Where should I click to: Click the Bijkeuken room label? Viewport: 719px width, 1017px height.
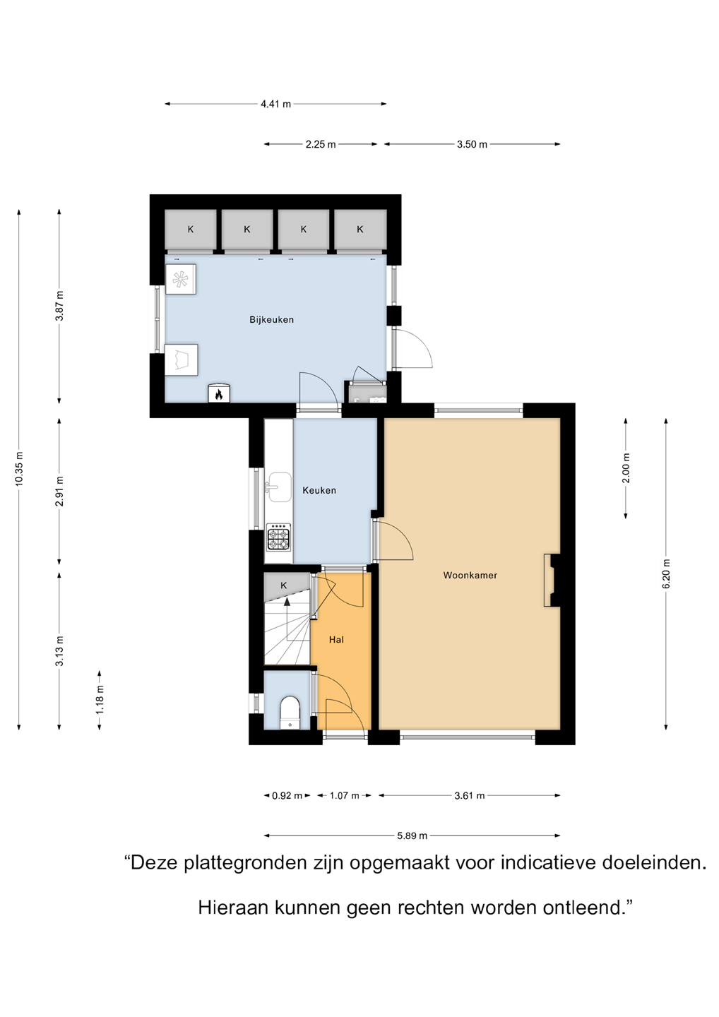click(271, 320)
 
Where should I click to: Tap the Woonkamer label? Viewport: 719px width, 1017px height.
click(470, 575)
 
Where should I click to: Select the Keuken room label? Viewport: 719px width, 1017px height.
click(319, 490)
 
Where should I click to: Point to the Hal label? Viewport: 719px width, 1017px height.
click(336, 640)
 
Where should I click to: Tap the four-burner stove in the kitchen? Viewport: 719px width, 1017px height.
click(279, 537)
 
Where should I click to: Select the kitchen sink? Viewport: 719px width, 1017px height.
click(280, 487)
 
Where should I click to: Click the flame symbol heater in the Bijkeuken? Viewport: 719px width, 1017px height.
click(219, 393)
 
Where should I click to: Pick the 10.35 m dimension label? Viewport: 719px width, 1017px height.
click(19, 469)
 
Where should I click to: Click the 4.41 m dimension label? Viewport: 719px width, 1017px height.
click(275, 104)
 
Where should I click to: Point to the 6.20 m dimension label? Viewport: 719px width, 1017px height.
click(666, 574)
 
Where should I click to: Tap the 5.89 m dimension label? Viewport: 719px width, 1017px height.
click(412, 835)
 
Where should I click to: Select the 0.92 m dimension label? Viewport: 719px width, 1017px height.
click(287, 795)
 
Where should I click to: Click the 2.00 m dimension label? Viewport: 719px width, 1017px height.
click(626, 468)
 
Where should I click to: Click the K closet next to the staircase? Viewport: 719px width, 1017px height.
click(284, 585)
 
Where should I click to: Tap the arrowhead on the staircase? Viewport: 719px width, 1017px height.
click(287, 602)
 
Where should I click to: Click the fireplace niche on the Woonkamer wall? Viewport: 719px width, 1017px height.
click(552, 580)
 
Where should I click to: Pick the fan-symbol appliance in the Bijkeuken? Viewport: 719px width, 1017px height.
click(181, 279)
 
